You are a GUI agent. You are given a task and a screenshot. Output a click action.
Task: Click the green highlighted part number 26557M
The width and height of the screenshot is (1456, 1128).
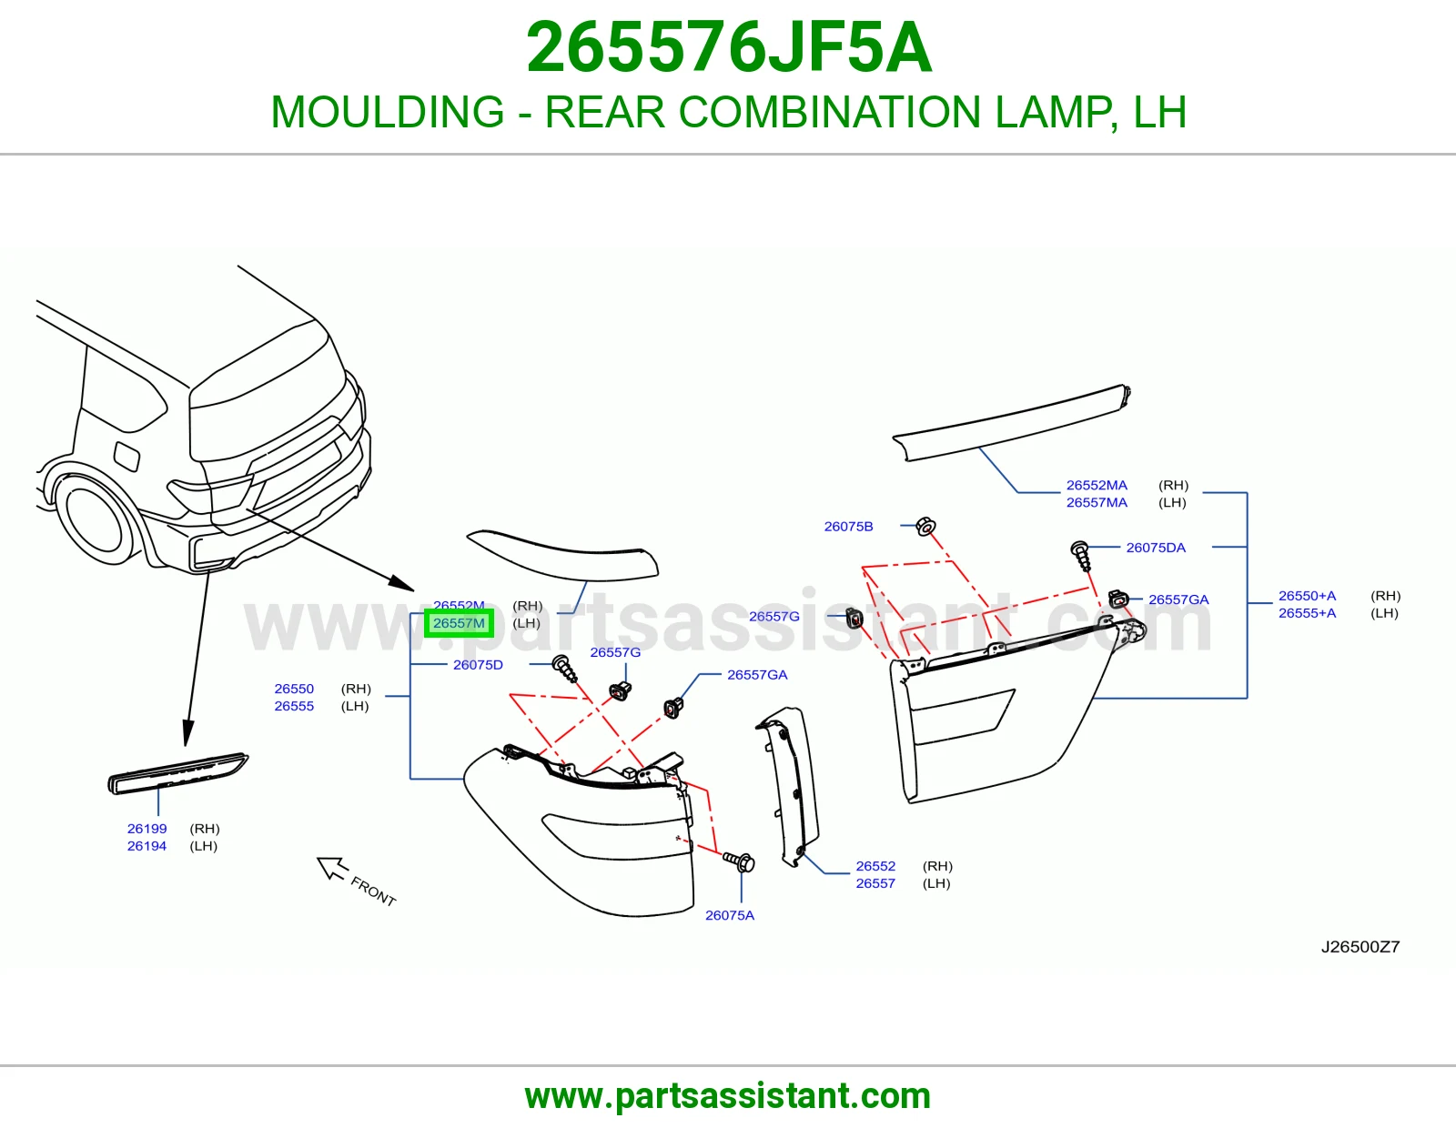pos(459,623)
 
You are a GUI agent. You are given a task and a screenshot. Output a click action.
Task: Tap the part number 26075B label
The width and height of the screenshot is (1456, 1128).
pos(848,527)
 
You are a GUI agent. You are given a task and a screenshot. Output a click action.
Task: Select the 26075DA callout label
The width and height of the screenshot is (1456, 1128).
pos(1156,548)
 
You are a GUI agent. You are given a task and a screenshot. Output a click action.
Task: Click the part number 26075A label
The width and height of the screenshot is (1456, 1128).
pos(730,915)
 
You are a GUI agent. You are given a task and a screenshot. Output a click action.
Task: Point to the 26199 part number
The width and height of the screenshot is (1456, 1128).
pos(147,829)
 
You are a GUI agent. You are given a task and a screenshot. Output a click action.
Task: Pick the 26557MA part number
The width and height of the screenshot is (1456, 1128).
pos(1097,502)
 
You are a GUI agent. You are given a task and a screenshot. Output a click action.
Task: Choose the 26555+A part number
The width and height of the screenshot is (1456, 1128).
pos(1308,613)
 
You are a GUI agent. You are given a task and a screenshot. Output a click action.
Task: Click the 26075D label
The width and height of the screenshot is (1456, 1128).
pos(478,664)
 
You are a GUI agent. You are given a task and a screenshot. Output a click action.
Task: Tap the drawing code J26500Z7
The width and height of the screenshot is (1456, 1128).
pos(1360,946)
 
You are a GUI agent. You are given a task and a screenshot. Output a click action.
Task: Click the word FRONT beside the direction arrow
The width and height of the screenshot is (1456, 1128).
pos(373,891)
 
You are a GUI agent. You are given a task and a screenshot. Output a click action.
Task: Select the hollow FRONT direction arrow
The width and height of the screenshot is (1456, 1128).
pos(332,868)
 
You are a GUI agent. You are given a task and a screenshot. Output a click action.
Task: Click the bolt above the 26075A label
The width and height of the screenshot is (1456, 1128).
pos(739,861)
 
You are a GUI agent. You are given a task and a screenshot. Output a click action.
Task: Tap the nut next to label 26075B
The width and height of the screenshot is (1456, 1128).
pos(925,527)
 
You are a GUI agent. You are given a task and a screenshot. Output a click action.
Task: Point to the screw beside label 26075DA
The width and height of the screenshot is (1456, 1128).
pos(1081,556)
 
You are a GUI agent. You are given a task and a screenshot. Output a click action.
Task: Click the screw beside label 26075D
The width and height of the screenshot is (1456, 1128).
pos(564,669)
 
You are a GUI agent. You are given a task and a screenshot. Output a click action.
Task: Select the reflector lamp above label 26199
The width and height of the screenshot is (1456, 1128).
pos(177,773)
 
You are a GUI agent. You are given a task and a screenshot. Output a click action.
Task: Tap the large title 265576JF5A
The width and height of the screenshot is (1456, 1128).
pos(728,47)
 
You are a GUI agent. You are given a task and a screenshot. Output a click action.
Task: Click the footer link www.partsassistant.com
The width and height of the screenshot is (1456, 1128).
pos(728,1096)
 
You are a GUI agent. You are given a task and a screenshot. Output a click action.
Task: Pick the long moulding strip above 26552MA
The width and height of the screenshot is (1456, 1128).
pos(1012,422)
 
